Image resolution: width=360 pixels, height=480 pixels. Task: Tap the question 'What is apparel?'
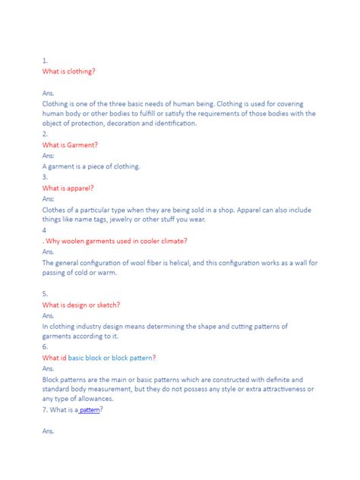pos(68,188)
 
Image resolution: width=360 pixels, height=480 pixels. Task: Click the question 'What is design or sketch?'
pos(81,305)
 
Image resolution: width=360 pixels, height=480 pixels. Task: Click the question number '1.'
pos(46,60)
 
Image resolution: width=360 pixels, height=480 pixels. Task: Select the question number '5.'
pos(46,294)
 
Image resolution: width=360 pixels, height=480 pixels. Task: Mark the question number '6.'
pos(46,347)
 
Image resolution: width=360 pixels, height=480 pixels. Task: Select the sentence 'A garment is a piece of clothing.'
pos(91,166)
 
